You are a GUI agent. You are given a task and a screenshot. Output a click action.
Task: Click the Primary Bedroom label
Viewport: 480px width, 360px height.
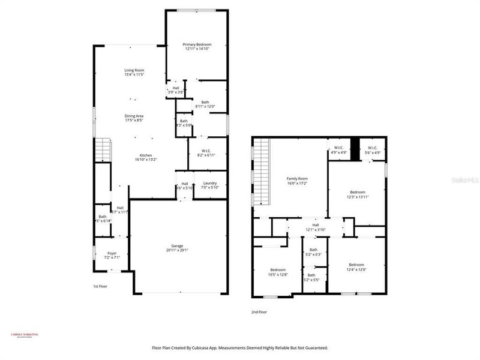pos(197,44)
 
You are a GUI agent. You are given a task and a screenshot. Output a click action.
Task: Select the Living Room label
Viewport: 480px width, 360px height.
pos(134,70)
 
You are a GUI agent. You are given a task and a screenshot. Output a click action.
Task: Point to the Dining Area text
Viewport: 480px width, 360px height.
pos(134,116)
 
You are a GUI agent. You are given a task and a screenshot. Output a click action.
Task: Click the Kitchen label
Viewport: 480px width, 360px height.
pos(144,155)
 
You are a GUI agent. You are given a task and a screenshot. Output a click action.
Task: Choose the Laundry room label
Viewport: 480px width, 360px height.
pos(210,184)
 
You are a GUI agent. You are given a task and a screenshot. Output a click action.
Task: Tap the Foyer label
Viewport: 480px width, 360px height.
pos(112,253)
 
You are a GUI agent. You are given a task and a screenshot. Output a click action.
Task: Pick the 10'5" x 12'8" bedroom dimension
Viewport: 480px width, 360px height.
pos(278,274)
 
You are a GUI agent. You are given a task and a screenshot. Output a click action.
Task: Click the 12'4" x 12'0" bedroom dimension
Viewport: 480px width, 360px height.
pos(356,269)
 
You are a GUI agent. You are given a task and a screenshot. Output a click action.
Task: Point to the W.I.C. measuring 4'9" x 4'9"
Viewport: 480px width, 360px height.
pos(338,152)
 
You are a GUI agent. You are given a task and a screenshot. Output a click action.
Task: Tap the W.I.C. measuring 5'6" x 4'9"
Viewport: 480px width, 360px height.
pos(372,152)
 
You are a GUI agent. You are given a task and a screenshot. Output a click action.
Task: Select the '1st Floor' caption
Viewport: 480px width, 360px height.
pos(100,286)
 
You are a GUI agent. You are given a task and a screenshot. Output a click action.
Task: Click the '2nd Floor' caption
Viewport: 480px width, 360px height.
pos(259,312)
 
